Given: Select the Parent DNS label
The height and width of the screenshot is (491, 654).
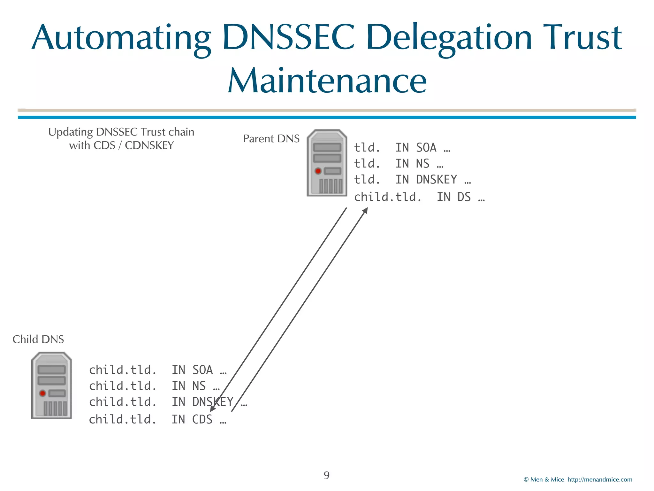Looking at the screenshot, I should tap(271, 139).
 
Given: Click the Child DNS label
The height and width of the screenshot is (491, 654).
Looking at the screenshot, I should tap(38, 339).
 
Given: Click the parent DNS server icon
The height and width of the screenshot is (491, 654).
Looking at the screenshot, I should tap(327, 163).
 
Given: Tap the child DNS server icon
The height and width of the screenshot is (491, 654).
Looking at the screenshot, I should tap(51, 385).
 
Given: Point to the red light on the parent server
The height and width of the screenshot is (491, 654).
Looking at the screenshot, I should tap(318, 171).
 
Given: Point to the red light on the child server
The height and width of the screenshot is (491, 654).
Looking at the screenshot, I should tap(42, 393).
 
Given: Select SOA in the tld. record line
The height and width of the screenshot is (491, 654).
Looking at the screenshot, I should tap(426, 148).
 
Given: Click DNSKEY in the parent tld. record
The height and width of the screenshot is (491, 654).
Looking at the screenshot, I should tap(436, 180).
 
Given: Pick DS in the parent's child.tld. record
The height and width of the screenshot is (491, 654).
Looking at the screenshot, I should tap(464, 197).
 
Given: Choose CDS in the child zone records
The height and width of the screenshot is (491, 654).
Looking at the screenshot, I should tap(202, 419).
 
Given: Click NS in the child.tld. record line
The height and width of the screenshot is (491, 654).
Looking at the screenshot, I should tap(199, 386).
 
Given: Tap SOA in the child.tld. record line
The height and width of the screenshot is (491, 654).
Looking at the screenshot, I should tap(202, 370).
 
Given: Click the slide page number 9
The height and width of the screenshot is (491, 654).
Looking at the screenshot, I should tap(327, 475).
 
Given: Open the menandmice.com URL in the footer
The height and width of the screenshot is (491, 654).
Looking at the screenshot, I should tap(600, 479).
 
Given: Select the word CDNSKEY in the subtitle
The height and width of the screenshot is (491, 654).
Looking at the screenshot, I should tap(149, 145).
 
